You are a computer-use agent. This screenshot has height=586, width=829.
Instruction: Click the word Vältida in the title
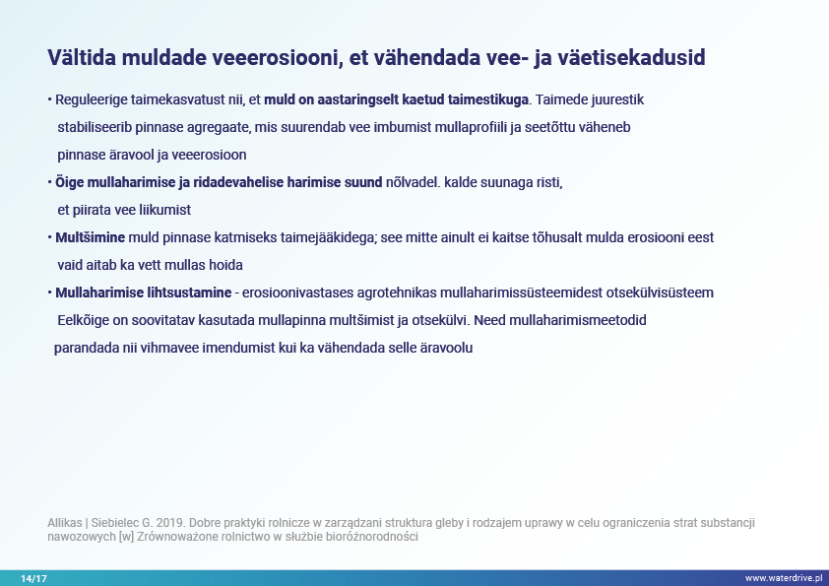coord(82,57)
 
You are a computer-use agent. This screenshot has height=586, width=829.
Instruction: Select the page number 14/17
coord(33,578)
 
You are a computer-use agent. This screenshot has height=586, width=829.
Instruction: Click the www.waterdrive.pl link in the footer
coord(784,578)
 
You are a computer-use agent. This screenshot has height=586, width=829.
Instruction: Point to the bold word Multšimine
coord(91,237)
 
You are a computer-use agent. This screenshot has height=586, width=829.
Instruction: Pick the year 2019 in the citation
coord(170,523)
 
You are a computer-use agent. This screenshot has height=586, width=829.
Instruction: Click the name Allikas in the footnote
coord(65,523)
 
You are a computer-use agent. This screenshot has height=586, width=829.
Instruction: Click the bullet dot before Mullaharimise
coord(49,293)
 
